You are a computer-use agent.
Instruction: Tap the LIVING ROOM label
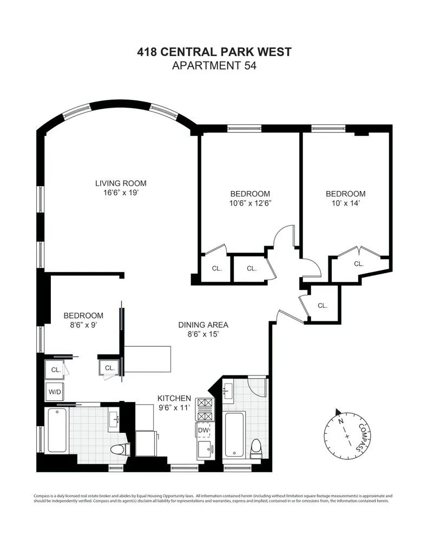click(121, 183)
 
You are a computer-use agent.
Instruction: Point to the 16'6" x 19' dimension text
click(121, 193)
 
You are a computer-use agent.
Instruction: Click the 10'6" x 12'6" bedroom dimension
click(250, 203)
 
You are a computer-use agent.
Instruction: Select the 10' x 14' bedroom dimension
click(345, 203)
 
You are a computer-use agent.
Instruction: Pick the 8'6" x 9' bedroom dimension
click(83, 325)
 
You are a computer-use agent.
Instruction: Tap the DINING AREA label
click(203, 325)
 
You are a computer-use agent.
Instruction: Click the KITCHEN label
click(174, 398)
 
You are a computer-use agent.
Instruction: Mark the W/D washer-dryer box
click(55, 392)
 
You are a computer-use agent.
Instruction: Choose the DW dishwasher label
click(203, 430)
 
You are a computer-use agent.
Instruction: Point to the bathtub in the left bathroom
click(56, 430)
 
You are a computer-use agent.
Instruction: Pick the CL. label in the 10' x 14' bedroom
click(359, 263)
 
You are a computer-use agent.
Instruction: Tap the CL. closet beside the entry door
click(322, 305)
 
